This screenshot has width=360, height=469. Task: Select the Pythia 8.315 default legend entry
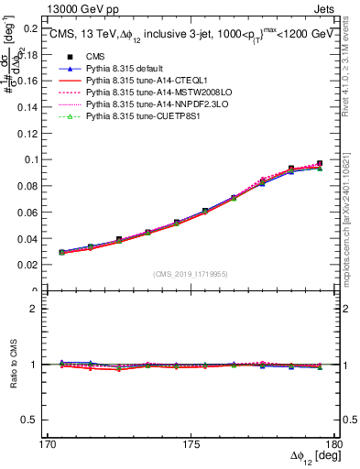click(128, 94)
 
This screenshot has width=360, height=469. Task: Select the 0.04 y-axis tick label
click(27, 239)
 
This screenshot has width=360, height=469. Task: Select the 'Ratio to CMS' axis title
click(12, 365)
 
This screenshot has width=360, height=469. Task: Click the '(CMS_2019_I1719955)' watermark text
click(191, 273)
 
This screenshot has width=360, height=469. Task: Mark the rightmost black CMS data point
click(320, 164)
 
